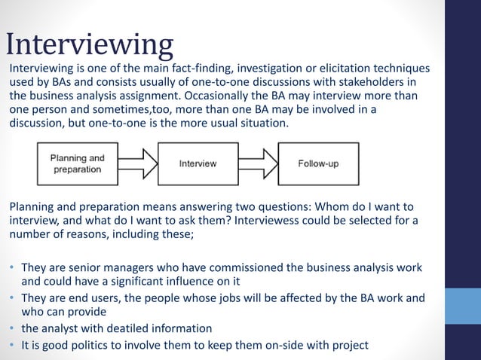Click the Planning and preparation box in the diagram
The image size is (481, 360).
[x=78, y=163]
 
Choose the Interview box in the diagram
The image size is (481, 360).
[x=198, y=163]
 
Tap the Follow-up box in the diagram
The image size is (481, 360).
[x=318, y=163]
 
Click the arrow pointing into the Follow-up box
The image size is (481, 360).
[x=257, y=163]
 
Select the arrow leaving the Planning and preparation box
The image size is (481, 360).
[x=137, y=163]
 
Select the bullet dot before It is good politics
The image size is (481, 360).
[x=12, y=346]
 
